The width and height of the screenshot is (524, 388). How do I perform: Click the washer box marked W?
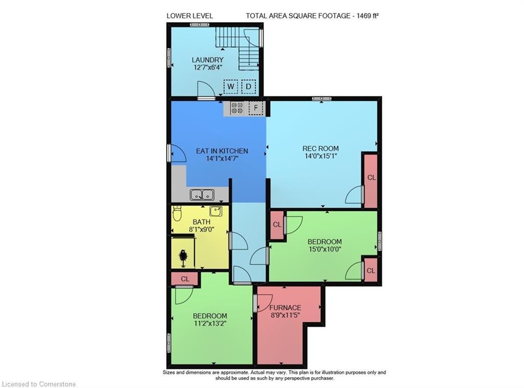coord(231,87)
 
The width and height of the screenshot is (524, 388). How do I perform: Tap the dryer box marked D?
coord(249,87)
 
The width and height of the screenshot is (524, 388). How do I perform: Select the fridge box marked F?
coord(256,108)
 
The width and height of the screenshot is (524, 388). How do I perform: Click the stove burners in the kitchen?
coord(237,108)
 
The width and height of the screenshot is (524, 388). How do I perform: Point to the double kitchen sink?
coord(202,195)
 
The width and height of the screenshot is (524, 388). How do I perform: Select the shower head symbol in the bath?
coord(183,256)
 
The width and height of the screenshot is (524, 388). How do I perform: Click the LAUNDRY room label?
coord(208,60)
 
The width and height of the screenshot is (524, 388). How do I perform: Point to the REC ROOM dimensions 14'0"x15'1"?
coord(321,156)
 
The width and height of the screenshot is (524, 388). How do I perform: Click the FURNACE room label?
coord(285,308)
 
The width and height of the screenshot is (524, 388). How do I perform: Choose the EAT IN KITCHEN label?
coord(222,151)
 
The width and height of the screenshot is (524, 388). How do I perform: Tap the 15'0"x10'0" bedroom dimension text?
coord(324,249)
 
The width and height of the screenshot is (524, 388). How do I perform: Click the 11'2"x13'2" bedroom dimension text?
coord(210,324)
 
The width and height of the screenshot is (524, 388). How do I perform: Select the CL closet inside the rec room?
coord(371,178)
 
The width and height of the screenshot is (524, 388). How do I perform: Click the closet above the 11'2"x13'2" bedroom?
coord(185,279)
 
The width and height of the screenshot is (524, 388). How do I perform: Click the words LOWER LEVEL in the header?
coord(190,16)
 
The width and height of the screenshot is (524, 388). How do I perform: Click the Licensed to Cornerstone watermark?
coord(39,384)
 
